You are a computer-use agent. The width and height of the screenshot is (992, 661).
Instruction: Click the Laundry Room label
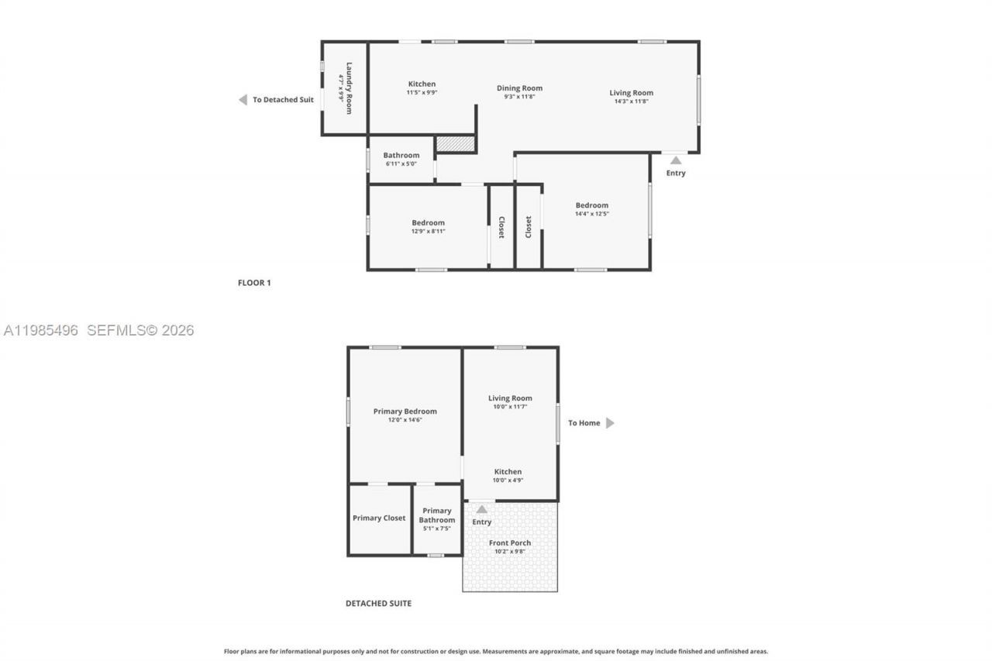(350, 88)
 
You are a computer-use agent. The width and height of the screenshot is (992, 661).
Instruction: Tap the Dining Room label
(519, 88)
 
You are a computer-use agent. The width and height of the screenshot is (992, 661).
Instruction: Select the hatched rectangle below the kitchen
(455, 144)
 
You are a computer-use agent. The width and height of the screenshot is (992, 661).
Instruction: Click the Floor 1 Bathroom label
(401, 155)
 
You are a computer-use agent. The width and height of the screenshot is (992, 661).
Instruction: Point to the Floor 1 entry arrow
(676, 160)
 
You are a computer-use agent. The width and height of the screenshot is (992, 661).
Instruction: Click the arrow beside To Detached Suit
(243, 100)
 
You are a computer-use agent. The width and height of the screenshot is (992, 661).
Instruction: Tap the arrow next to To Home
(610, 423)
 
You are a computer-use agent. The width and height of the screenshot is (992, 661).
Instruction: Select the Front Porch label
(510, 542)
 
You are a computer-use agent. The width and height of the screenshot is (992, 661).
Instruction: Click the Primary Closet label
(379, 518)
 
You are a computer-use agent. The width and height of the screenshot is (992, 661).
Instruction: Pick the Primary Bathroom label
(437, 515)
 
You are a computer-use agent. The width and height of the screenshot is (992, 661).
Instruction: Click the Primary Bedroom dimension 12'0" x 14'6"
(405, 420)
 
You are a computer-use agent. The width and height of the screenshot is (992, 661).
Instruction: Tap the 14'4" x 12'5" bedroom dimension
(591, 214)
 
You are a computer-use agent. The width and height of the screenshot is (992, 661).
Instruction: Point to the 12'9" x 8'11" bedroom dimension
(428, 231)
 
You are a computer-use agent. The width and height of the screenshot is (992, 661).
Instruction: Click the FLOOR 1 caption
(254, 283)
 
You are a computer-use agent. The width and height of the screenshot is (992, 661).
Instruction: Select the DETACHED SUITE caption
(378, 603)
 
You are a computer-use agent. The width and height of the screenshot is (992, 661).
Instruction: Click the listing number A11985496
(41, 331)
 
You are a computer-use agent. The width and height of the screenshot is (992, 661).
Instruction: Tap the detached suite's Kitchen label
(508, 471)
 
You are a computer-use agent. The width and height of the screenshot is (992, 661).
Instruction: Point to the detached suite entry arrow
(481, 509)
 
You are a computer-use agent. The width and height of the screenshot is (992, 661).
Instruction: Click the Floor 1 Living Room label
(631, 93)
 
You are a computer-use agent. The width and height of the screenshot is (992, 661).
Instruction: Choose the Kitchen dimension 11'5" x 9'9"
(422, 92)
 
